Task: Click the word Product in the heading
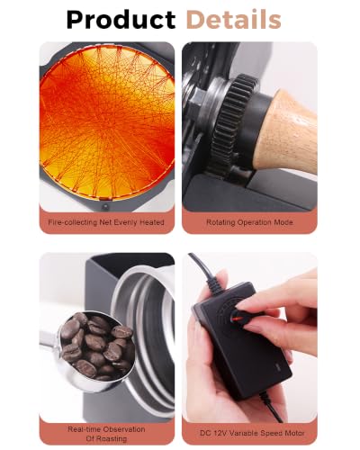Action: [x=121, y=20]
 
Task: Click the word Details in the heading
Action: [x=233, y=19]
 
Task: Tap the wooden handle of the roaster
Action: [x=286, y=132]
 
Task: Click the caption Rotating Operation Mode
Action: [x=249, y=222]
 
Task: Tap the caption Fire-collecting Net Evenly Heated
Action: [x=106, y=222]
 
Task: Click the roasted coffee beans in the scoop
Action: [x=97, y=345]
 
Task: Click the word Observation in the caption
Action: [x=125, y=429]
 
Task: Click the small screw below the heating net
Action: [x=105, y=207]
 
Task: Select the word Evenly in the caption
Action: [x=128, y=222]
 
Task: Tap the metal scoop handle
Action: [x=49, y=340]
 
